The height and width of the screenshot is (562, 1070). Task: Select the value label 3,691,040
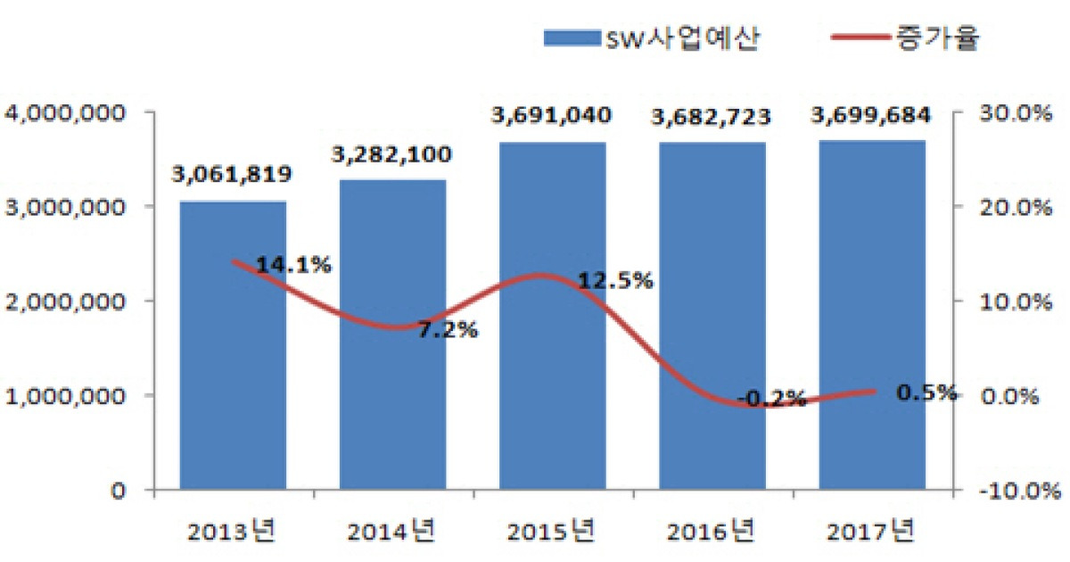click(552, 115)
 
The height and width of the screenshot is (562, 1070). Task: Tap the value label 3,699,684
click(871, 115)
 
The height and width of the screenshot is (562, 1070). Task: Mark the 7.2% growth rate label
click(448, 330)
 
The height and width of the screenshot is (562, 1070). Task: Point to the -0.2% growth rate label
click(772, 398)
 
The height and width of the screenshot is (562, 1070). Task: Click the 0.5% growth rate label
click(927, 393)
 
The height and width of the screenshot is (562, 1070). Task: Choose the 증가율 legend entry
click(901, 38)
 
